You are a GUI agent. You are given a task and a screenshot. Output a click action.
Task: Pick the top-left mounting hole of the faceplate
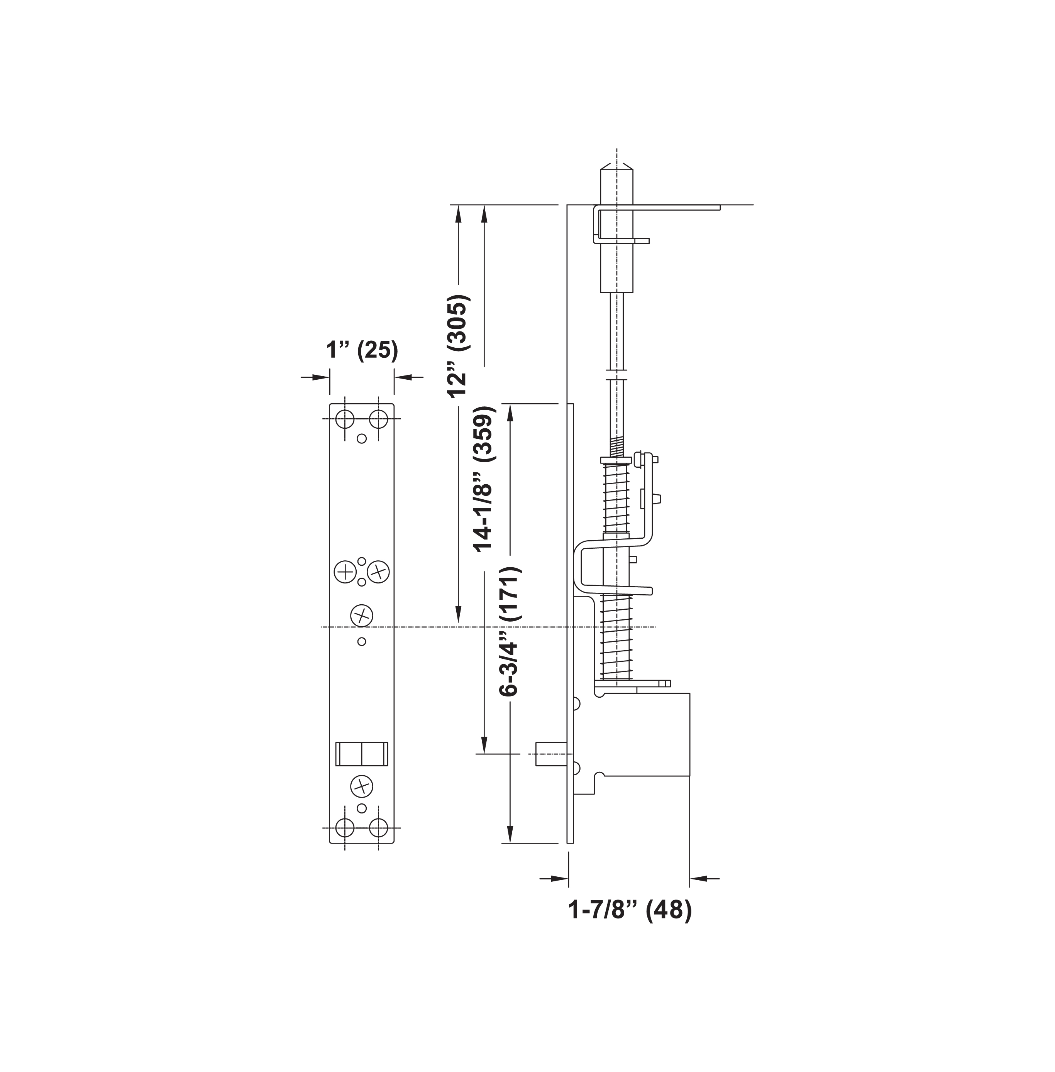click(345, 419)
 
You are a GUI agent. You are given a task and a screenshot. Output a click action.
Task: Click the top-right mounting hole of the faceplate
click(378, 419)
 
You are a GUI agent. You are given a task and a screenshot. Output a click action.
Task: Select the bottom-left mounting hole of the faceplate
click(345, 828)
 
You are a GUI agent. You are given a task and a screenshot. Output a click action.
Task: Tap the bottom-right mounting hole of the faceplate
click(378, 828)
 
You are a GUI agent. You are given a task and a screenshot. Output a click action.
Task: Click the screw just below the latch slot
click(361, 786)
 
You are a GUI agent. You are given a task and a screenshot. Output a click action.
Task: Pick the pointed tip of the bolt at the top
click(616, 167)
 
